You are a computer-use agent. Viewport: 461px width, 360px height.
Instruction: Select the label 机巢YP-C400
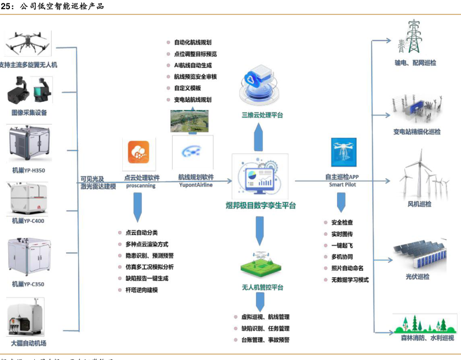[28, 221]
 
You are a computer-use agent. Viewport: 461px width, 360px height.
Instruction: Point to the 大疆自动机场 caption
[29, 343]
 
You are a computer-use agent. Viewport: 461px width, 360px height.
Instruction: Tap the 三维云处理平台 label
[262, 115]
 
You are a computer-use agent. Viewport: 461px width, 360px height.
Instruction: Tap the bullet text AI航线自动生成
[193, 65]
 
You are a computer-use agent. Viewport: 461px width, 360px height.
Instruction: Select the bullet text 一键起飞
[342, 245]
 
